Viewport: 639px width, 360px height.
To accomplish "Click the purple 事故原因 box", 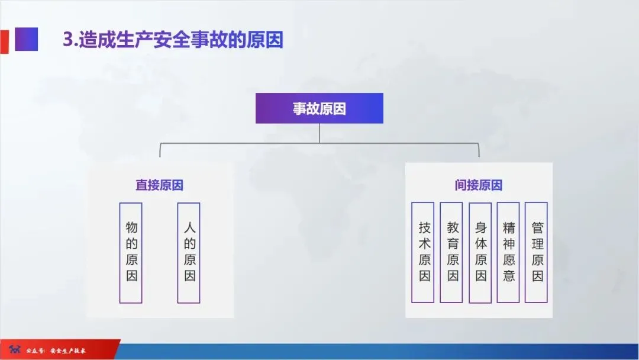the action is point(319,108).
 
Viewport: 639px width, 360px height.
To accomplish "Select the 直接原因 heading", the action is point(159,185).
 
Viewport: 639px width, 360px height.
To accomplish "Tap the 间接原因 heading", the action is point(478,185).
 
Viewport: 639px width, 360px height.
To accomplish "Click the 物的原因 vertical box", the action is point(131,252).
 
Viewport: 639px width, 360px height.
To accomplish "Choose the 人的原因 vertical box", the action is point(189,252).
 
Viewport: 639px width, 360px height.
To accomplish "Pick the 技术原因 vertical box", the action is point(424,252).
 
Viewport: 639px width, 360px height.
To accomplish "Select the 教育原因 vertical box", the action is point(453,252).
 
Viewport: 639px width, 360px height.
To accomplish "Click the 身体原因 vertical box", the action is point(480,252).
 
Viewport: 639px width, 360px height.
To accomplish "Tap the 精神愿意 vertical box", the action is point(508,252).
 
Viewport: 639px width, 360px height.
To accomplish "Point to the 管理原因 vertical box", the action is point(537,252).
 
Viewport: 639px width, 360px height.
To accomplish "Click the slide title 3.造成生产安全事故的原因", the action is point(173,39).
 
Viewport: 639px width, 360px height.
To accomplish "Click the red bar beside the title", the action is point(4,40).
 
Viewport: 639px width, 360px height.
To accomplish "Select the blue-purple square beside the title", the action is point(26,40).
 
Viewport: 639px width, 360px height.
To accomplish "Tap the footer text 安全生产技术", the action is point(68,351).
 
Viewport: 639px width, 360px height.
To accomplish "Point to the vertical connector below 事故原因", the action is point(319,133).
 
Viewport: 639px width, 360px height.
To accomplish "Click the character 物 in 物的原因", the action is point(131,227).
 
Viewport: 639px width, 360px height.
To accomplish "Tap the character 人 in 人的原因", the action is point(189,227).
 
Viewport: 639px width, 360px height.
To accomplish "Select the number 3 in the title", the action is point(67,40).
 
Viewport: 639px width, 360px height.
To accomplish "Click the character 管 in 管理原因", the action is point(537,227).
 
